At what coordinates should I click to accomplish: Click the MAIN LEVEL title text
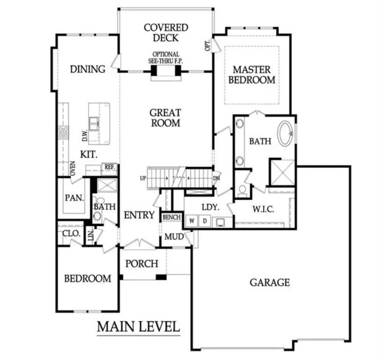pyautogui.click(x=138, y=326)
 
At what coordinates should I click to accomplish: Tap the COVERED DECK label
pyautogui.click(x=166, y=33)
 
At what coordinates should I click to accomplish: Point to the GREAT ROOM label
pyautogui.click(x=165, y=118)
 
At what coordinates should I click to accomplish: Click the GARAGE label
pyautogui.click(x=269, y=283)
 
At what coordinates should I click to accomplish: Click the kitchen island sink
pyautogui.click(x=95, y=123)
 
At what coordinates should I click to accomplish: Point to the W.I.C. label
pyautogui.click(x=263, y=210)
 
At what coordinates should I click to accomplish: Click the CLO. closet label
pyautogui.click(x=70, y=233)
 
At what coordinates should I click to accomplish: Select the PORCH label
pyautogui.click(x=142, y=263)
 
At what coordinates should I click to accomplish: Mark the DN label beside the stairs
pyautogui.click(x=216, y=179)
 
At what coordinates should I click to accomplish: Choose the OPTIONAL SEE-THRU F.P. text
pyautogui.click(x=166, y=58)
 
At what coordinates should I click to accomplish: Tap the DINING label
pyautogui.click(x=88, y=69)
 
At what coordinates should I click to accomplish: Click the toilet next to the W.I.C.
pyautogui.click(x=242, y=189)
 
